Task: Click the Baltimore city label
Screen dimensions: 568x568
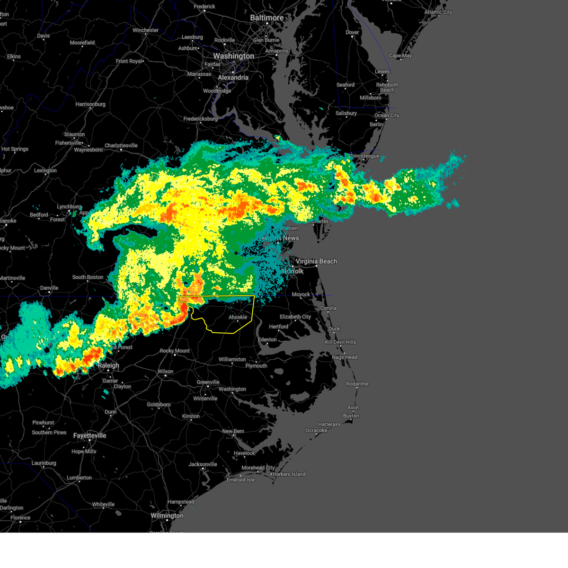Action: click(x=266, y=18)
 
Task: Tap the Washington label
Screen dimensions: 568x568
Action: click(x=233, y=56)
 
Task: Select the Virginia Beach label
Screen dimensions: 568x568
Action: click(x=316, y=261)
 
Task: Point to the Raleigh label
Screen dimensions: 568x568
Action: click(x=108, y=365)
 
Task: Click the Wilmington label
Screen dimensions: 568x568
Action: click(x=167, y=515)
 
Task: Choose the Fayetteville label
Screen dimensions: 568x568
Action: click(x=89, y=435)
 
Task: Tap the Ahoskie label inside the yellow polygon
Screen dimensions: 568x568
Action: click(x=238, y=317)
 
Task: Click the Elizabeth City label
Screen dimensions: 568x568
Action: click(x=295, y=317)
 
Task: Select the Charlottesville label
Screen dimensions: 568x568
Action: click(x=121, y=146)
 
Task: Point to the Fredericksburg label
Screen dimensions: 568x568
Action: click(x=201, y=119)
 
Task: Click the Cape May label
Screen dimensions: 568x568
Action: click(x=400, y=55)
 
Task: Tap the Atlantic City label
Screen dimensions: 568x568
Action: click(x=438, y=12)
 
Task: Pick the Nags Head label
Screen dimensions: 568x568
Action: click(x=345, y=357)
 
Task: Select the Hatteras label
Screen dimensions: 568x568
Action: click(x=328, y=425)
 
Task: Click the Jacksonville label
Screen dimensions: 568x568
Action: click(x=203, y=464)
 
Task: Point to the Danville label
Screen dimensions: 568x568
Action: click(x=49, y=288)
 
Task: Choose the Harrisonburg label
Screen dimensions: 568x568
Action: click(x=90, y=104)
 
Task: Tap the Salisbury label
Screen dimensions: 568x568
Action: click(x=346, y=113)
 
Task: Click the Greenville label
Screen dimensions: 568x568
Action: click(x=208, y=382)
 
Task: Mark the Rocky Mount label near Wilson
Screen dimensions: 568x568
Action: click(x=175, y=351)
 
